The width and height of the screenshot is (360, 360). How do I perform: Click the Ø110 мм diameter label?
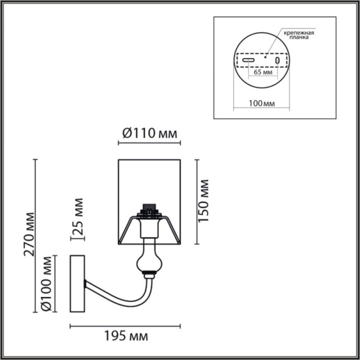150,133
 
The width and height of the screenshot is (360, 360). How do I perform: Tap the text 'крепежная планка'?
299,34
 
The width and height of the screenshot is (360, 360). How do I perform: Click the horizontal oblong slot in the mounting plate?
247,61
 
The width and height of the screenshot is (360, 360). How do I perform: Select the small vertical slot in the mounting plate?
277,61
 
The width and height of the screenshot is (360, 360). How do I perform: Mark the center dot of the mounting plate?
265,59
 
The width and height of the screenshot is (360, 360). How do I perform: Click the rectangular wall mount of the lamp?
77,288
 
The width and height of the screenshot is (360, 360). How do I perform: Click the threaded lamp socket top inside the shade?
148,210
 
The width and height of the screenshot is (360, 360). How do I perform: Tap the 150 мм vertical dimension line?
196,202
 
